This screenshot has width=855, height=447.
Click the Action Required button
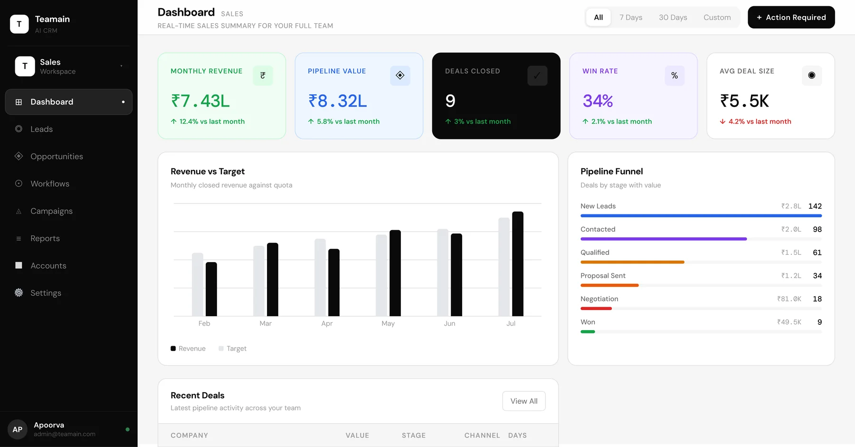pos(791,17)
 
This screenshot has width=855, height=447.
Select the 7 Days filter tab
pos(630,18)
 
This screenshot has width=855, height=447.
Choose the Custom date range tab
pos(717,18)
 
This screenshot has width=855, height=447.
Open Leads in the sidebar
pos(41,129)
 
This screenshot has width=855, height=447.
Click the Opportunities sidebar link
pos(57,156)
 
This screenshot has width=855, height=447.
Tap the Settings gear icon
pos(19,293)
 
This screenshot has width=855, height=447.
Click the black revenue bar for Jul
pos(518,264)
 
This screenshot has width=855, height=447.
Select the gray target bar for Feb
pos(198,284)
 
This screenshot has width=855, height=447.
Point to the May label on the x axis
pos(388,323)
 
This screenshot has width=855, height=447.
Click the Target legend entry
pos(232,349)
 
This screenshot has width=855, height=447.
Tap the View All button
pos(524,401)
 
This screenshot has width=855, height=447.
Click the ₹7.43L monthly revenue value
pos(200,101)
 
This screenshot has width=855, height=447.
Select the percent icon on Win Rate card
pos(674,76)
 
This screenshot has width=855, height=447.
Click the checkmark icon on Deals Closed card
pos(537,76)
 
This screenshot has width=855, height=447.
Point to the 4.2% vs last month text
pos(760,122)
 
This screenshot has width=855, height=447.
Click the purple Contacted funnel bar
pos(664,239)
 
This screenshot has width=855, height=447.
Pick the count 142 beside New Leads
pos(815,206)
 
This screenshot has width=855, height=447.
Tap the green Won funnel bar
pos(588,332)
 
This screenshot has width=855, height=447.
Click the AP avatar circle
pos(18,429)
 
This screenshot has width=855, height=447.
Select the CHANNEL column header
pos(482,436)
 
